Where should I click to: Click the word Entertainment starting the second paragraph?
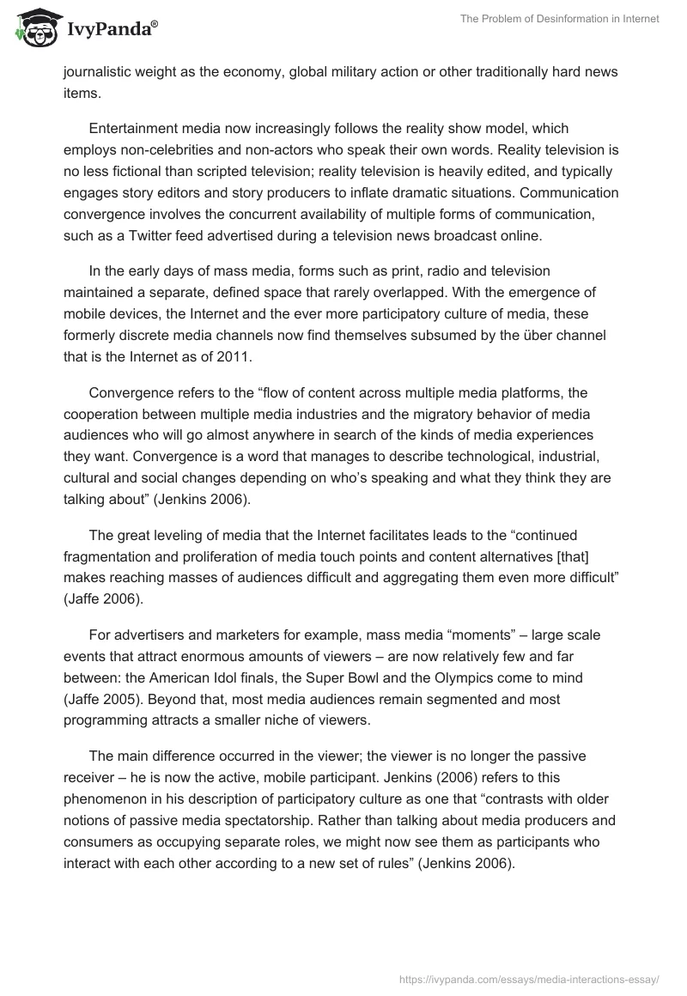point(132,129)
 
